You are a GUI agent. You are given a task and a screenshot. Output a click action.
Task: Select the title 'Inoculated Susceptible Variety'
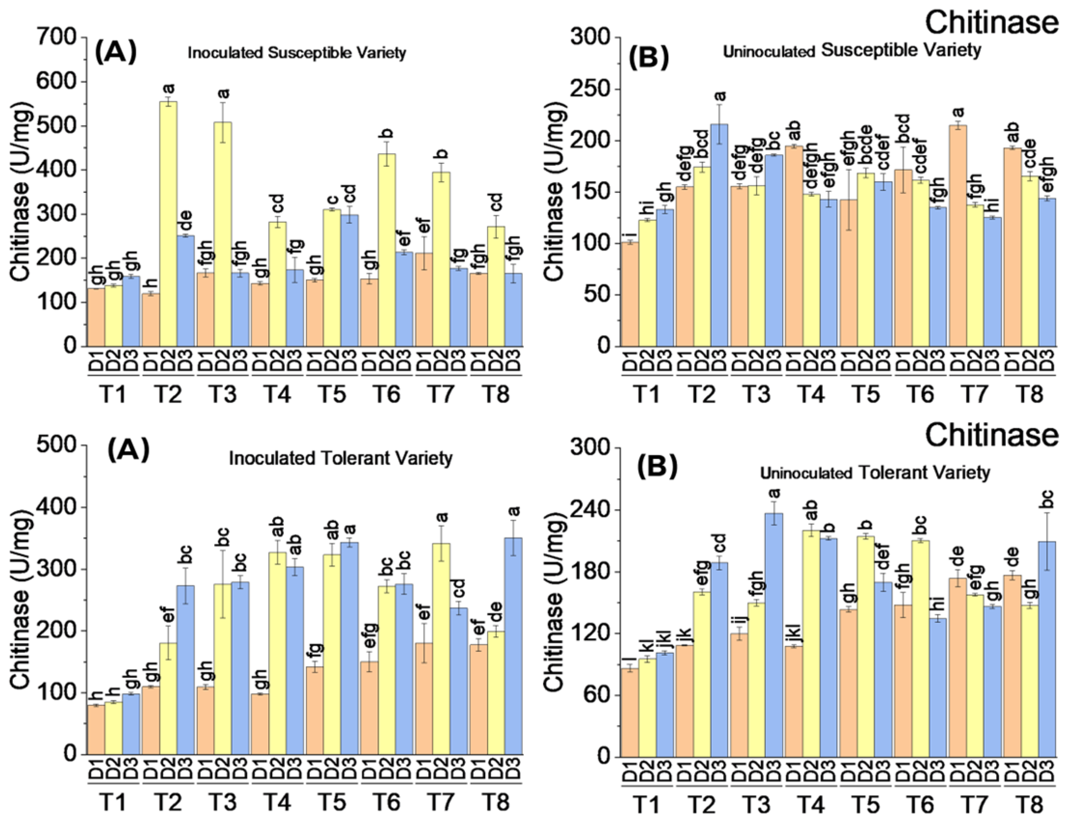click(x=297, y=53)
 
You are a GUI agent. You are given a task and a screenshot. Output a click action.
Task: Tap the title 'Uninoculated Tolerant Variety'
click(x=875, y=473)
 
